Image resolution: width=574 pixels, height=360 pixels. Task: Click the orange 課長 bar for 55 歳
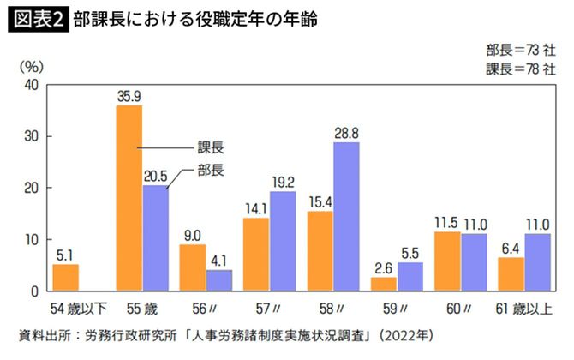tap(129, 197)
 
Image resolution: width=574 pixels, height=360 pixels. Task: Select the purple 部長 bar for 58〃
tap(345, 216)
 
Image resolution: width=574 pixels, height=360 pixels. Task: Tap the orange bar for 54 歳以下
tap(65, 278)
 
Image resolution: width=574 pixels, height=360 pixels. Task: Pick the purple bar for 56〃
tap(219, 280)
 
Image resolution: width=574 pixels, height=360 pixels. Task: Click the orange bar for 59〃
tap(384, 284)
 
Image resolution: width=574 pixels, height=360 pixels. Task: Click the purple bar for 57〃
tap(283, 241)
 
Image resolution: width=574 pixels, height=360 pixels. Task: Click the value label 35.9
tap(129, 96)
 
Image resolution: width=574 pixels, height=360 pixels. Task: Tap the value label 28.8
tap(345, 133)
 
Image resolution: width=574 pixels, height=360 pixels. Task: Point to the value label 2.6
tap(383, 267)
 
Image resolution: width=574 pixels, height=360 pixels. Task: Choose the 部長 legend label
tap(207, 170)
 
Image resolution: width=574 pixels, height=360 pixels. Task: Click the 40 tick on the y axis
tap(32, 85)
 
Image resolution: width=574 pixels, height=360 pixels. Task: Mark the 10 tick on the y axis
tap(32, 239)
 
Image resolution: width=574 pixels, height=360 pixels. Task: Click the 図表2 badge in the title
tap(38, 19)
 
